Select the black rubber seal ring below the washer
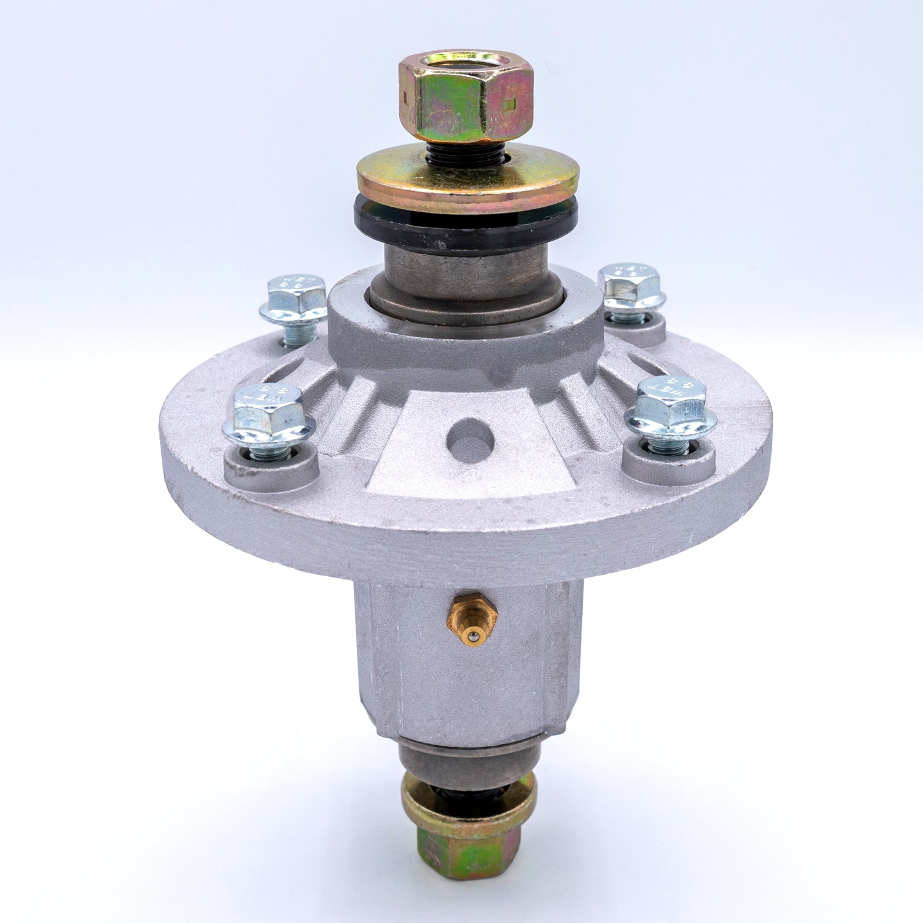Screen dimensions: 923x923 (x=466, y=228)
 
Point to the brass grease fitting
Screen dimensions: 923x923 (x=471, y=618)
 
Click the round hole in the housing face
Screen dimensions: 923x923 (x=470, y=441)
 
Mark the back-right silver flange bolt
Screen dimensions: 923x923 (x=631, y=292)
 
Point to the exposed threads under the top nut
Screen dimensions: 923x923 (x=465, y=154)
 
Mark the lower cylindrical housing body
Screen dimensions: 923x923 (x=468, y=677)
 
